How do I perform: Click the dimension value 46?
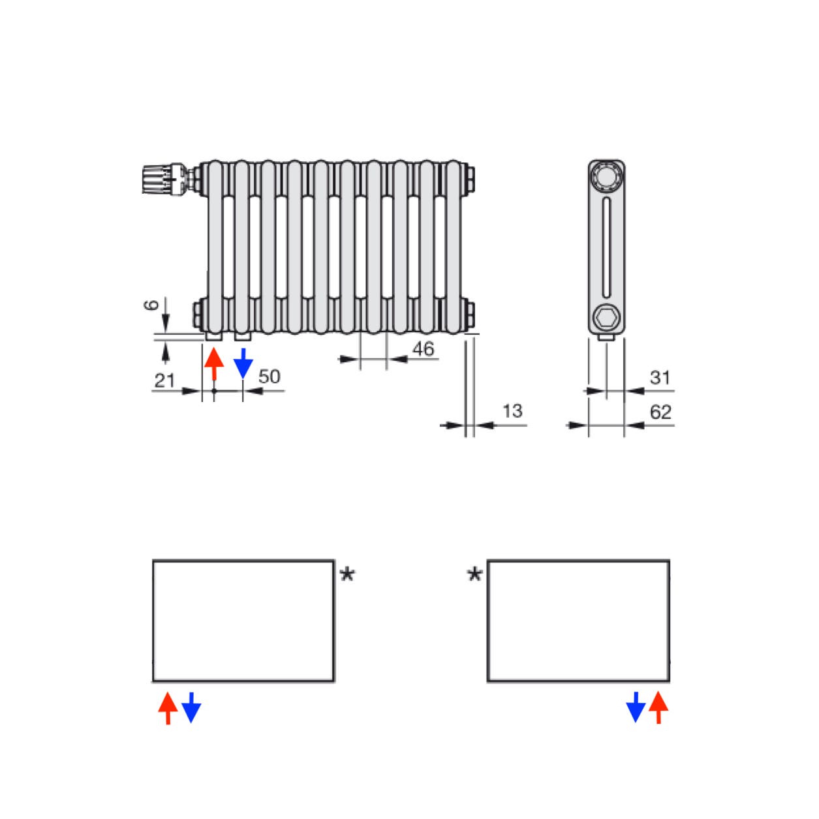pyautogui.click(x=423, y=349)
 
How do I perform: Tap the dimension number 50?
pyautogui.click(x=270, y=377)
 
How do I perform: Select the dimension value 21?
pyautogui.click(x=164, y=380)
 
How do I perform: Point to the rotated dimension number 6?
pyautogui.click(x=151, y=305)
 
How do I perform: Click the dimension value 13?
pyautogui.click(x=512, y=411)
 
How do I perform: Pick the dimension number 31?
pyautogui.click(x=660, y=377)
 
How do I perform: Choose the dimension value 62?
pyautogui.click(x=660, y=412)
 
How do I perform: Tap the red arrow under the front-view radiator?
pyautogui.click(x=214, y=363)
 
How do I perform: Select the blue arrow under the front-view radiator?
pyautogui.click(x=243, y=363)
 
